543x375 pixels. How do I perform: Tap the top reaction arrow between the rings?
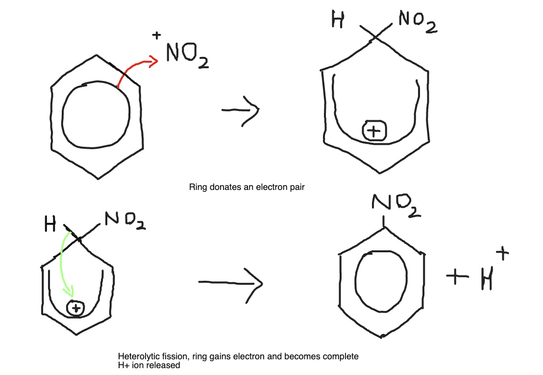click(x=240, y=110)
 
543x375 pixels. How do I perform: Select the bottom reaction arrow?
click(x=230, y=283)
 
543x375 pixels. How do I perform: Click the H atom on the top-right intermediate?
click(x=337, y=21)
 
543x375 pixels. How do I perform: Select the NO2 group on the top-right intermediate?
click(x=417, y=22)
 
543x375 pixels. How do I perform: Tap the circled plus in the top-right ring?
click(x=374, y=131)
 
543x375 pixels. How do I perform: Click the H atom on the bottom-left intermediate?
click(x=50, y=225)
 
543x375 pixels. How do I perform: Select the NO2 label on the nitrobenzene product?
click(x=396, y=206)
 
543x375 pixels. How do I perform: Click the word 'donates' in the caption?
click(x=227, y=187)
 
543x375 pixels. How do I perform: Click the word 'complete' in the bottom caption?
click(x=341, y=356)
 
